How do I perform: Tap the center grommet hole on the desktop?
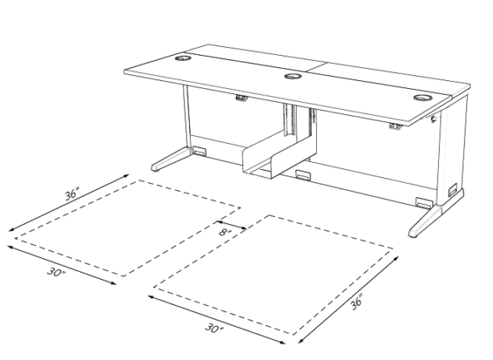tap(293, 78)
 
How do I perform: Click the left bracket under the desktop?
tap(241, 98)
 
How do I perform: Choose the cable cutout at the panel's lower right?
tap(421, 201)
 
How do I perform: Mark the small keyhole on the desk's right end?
tap(434, 121)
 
